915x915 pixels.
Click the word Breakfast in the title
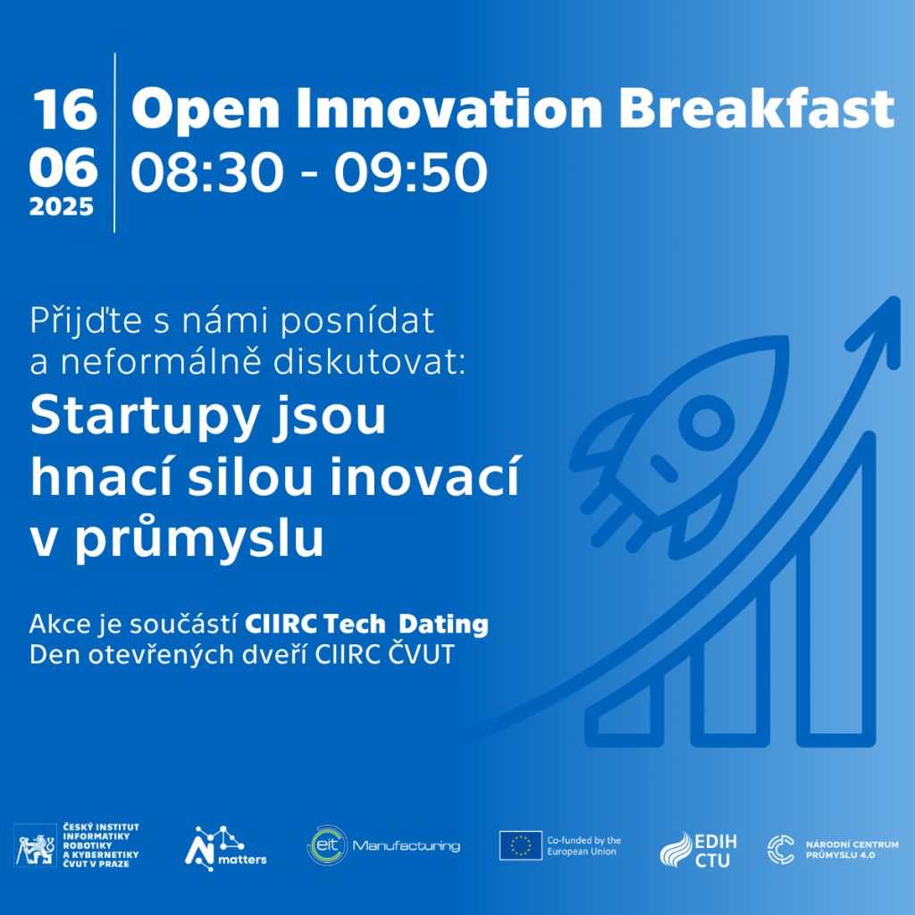click(x=756, y=108)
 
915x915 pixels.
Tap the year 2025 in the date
click(x=62, y=206)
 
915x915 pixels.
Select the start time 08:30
click(x=207, y=172)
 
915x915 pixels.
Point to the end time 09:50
click(x=411, y=172)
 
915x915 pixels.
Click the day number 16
click(x=64, y=110)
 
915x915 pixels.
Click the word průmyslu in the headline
click(x=199, y=537)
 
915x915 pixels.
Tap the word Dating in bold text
click(x=443, y=624)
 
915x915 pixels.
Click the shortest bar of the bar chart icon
click(x=625, y=712)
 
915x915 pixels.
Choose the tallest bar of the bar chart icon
click(x=836, y=590)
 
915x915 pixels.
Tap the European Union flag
click(x=521, y=845)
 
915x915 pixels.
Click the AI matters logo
click(x=225, y=849)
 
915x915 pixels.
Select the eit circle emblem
click(x=327, y=845)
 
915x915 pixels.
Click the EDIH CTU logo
click(x=698, y=850)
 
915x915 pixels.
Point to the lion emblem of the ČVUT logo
click(x=35, y=845)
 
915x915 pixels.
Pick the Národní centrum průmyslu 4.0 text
click(x=852, y=850)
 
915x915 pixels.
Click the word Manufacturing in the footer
click(x=407, y=846)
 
